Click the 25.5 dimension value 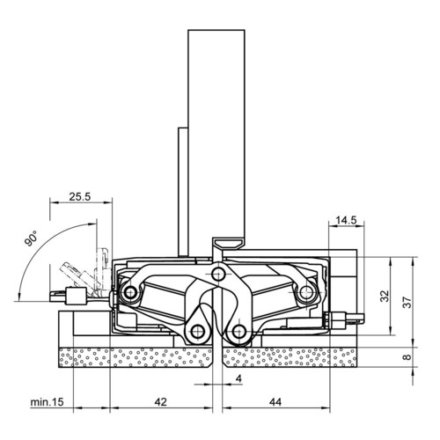pos(80,196)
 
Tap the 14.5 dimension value pos(346,220)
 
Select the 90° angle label pos(31,238)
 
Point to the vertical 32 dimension pos(385,296)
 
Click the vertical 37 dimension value pos(407,301)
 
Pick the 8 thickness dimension pos(407,357)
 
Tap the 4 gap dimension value pos(238,378)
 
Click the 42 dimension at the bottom pos(160,402)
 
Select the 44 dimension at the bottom pos(275,402)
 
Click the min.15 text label pos(47,402)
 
